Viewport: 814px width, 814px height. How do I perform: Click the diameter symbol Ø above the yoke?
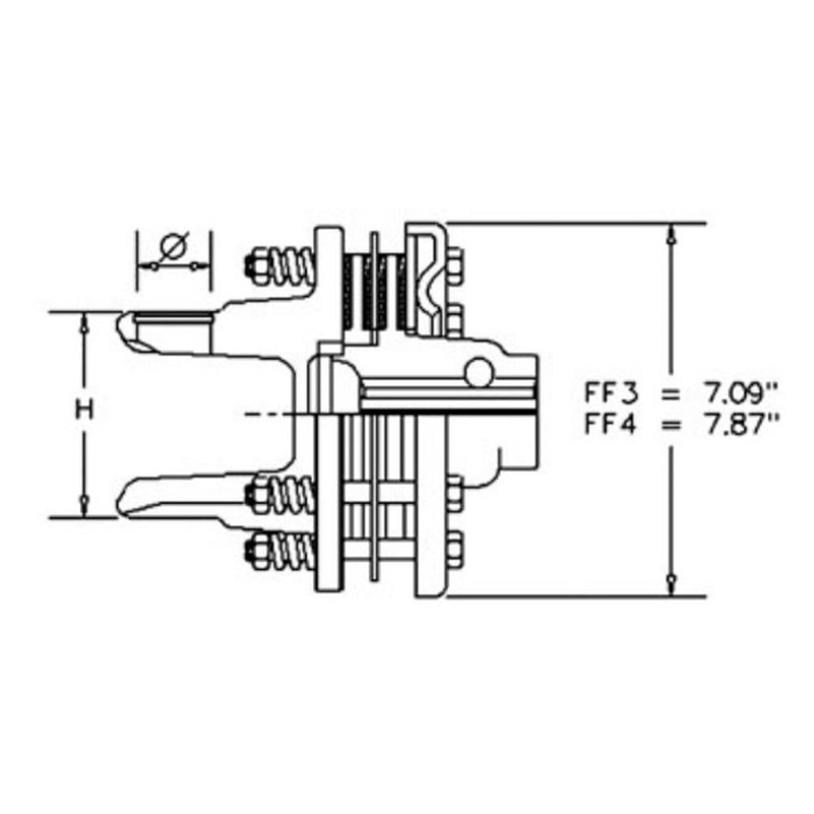click(x=173, y=245)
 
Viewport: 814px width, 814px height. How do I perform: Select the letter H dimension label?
click(x=85, y=410)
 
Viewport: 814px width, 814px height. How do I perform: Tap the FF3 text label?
click(x=613, y=394)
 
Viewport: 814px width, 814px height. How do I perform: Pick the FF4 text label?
click(x=613, y=423)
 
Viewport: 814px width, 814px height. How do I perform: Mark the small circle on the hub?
click(x=477, y=373)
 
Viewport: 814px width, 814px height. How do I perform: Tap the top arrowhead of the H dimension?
click(x=85, y=321)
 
